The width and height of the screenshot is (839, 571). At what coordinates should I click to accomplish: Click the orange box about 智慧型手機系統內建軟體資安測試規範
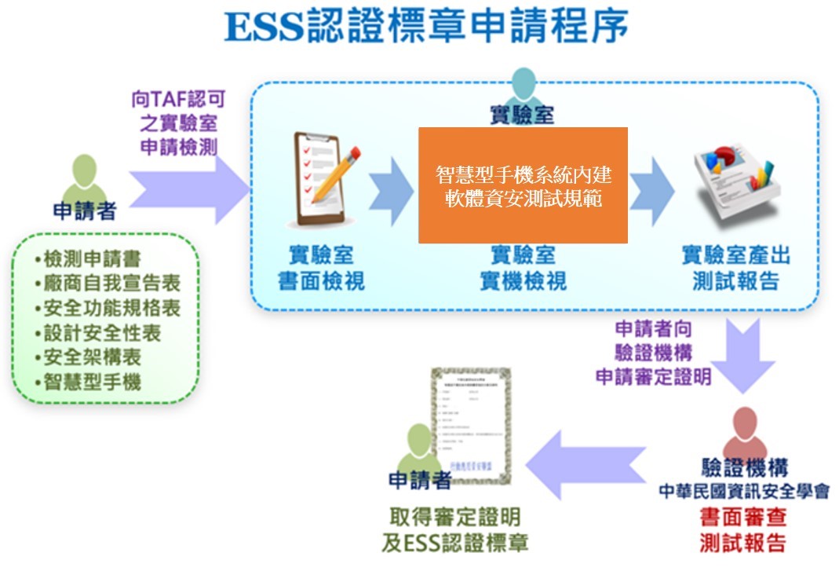523,185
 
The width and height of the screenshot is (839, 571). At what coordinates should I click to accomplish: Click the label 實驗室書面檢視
321,268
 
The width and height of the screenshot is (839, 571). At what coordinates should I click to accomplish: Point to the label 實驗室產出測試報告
735,268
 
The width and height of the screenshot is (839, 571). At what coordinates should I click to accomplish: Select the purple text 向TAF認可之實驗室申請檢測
178,124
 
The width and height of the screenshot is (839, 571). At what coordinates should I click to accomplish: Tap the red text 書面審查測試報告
742,530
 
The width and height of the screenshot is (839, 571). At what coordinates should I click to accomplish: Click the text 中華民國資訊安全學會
743,492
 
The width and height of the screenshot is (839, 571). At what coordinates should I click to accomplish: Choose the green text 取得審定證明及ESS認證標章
455,529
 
